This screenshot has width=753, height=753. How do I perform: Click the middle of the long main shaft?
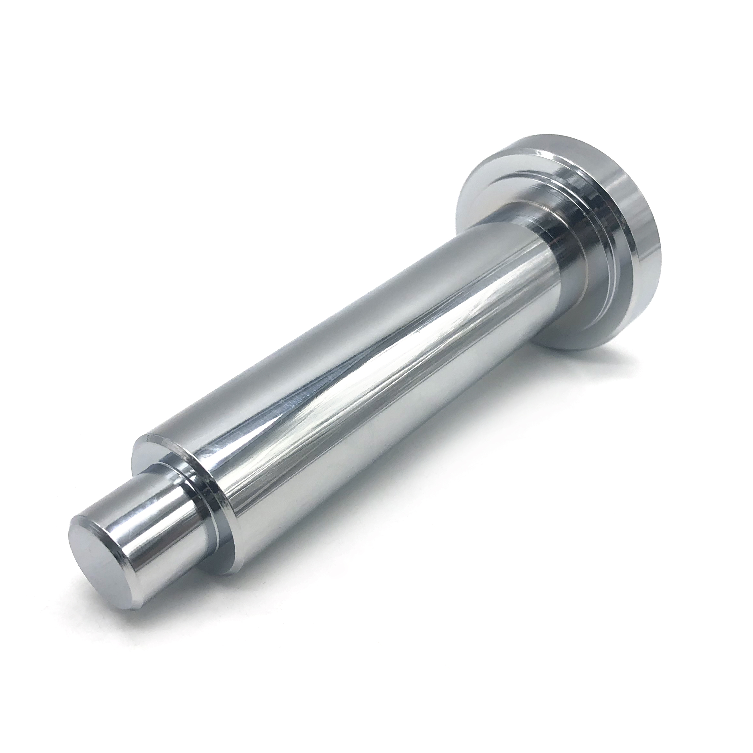click(x=370, y=374)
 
